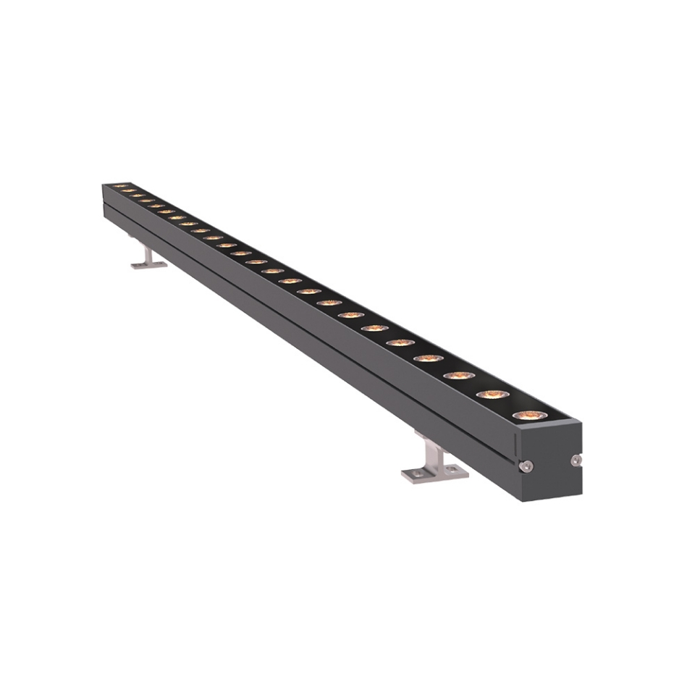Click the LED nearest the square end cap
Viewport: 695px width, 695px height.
(x=530, y=415)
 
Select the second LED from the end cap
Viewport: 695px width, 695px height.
(x=493, y=395)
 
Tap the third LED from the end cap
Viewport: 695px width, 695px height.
(x=459, y=376)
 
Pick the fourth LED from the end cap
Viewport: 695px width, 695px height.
(x=428, y=358)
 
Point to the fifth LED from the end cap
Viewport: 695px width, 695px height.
(x=400, y=342)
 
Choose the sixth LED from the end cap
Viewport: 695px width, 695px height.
(x=374, y=328)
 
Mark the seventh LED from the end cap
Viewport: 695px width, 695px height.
(x=350, y=315)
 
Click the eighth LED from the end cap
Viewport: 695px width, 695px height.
(x=329, y=303)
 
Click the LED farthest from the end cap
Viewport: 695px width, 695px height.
(x=120, y=186)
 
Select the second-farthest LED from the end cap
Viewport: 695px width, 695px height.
(x=129, y=190)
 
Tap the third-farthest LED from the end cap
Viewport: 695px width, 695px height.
(x=138, y=195)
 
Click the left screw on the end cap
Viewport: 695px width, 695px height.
(x=528, y=466)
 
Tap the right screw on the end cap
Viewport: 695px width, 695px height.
(x=576, y=460)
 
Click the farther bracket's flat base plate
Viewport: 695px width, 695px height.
(x=148, y=265)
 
